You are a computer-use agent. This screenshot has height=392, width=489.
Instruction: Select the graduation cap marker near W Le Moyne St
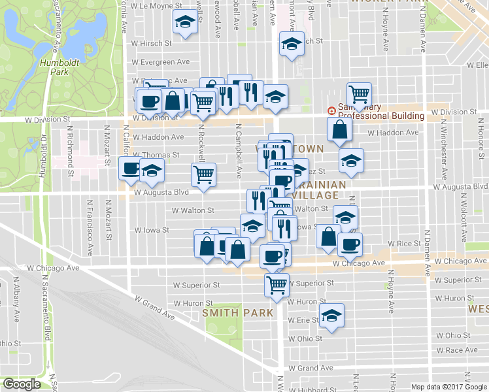[185, 22]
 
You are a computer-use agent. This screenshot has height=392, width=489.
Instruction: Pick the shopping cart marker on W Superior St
[277, 284]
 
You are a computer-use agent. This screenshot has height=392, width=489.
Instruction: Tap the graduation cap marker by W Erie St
[332, 316]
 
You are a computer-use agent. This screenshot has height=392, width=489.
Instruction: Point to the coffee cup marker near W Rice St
[349, 244]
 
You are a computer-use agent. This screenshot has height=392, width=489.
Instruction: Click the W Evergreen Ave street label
[160, 62]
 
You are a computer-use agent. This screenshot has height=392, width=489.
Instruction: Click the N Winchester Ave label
[444, 155]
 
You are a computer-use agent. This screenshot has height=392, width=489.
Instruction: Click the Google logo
[22, 384]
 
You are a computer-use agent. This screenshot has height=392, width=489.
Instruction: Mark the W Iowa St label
[152, 231]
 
